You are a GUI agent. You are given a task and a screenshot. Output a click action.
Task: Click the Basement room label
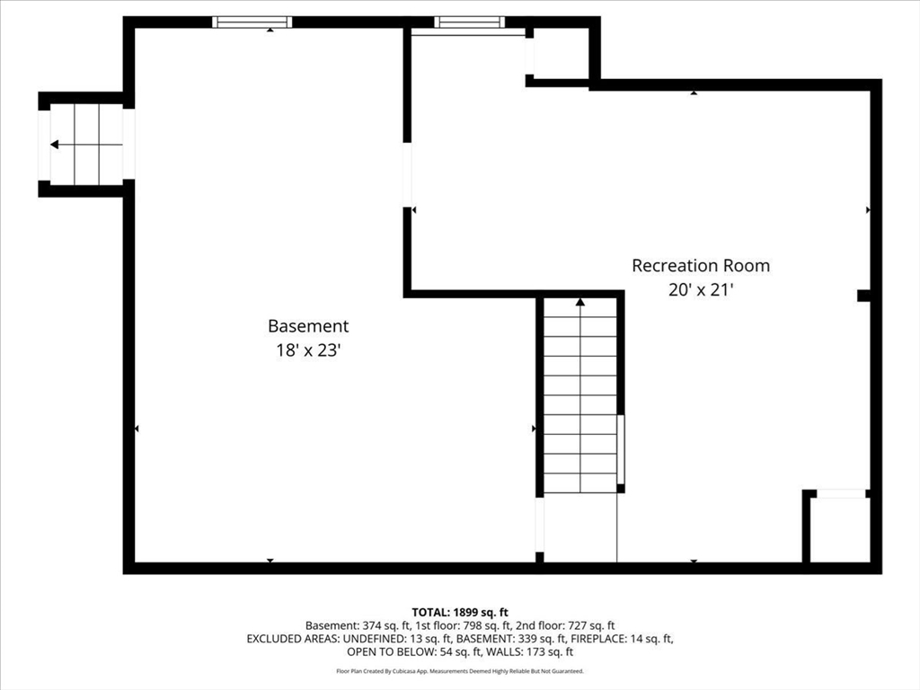(x=307, y=327)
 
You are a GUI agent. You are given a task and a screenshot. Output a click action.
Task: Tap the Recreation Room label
(x=700, y=266)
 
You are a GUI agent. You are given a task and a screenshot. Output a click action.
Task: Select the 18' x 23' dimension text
(x=307, y=351)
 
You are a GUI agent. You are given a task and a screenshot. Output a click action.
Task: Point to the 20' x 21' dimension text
(x=700, y=290)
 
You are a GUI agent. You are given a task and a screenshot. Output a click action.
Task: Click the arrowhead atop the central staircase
(x=580, y=303)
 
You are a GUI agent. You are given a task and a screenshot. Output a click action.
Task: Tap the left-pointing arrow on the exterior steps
(x=55, y=145)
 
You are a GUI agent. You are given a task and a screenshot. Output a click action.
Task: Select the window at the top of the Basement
(x=252, y=22)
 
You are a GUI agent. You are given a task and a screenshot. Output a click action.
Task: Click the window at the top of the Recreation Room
(x=469, y=22)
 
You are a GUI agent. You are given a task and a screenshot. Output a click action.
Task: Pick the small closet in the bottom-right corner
(x=840, y=529)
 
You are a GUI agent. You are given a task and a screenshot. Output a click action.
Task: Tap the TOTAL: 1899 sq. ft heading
(x=459, y=611)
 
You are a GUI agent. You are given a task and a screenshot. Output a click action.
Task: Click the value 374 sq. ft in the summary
(x=386, y=625)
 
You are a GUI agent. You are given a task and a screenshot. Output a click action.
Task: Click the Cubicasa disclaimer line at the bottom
(x=459, y=671)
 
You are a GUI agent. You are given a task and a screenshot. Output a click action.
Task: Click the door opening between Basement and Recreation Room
(x=408, y=175)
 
